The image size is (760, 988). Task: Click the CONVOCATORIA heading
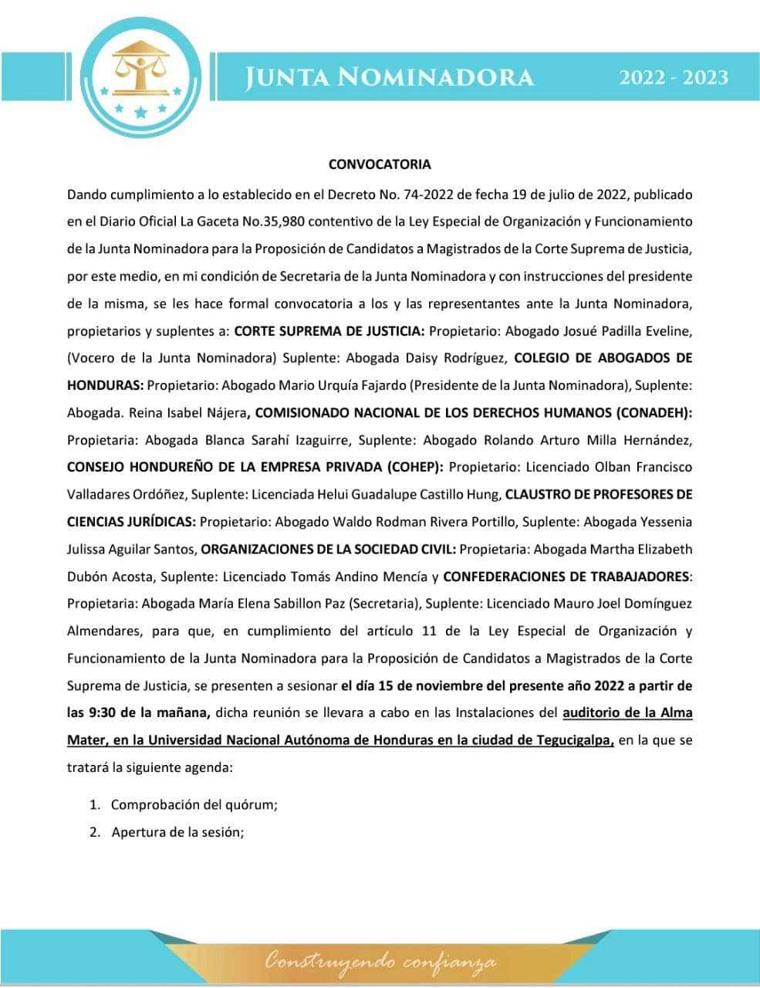pos(380,164)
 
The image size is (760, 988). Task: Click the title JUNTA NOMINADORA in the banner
pos(390,77)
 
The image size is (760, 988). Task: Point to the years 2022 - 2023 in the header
pos(674,77)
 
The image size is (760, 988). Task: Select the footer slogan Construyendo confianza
pos(380,962)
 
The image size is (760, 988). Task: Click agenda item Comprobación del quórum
pos(194,804)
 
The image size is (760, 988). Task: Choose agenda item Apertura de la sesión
pos(177,832)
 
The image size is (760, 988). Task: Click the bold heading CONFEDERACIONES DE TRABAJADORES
pos(566,576)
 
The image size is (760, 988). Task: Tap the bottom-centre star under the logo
pos(140,113)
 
